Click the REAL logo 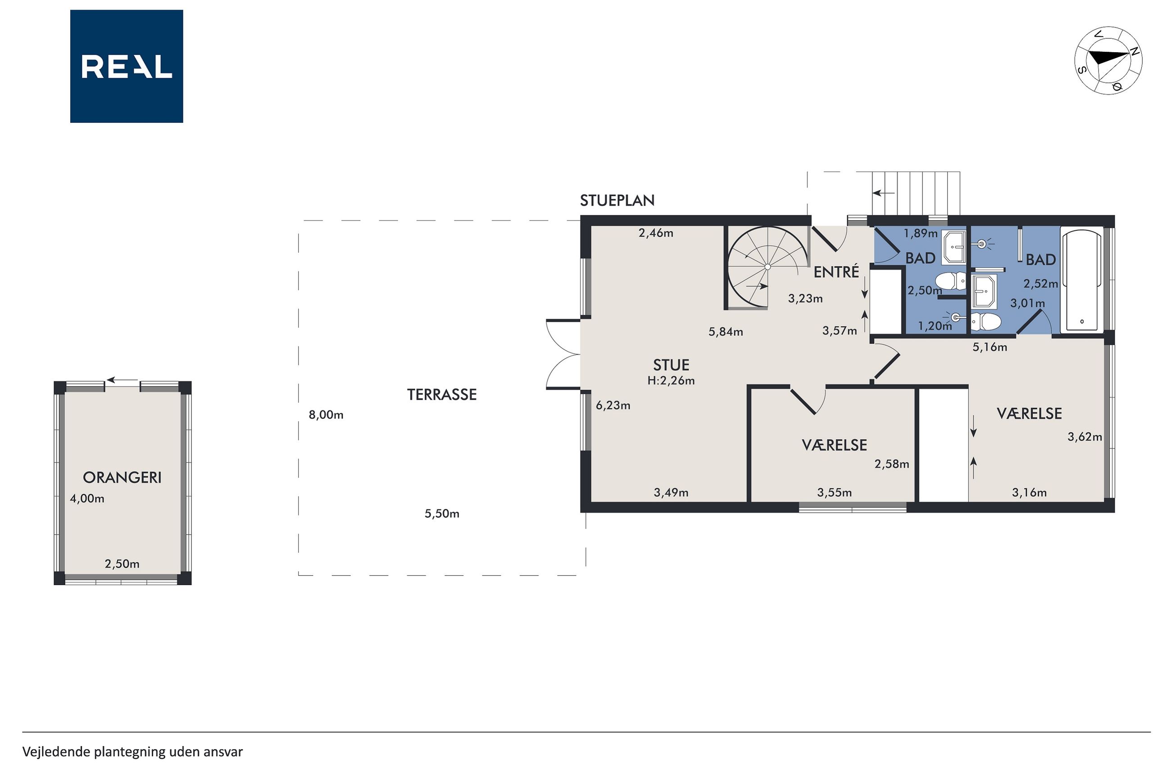click(x=127, y=66)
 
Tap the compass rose click(x=1108, y=61)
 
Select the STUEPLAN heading click(x=617, y=200)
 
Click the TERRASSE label click(x=442, y=394)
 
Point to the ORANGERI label click(x=122, y=478)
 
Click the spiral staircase click(x=767, y=267)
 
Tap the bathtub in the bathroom click(x=1081, y=280)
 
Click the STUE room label click(x=671, y=365)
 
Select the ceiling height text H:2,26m click(x=671, y=381)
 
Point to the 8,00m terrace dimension click(x=326, y=415)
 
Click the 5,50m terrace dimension click(x=442, y=514)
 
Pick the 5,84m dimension click(x=726, y=332)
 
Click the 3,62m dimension click(x=1085, y=437)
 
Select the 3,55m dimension click(x=835, y=493)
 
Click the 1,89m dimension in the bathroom click(x=921, y=233)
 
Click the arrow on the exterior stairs click(x=883, y=193)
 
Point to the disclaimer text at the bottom click(x=133, y=752)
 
